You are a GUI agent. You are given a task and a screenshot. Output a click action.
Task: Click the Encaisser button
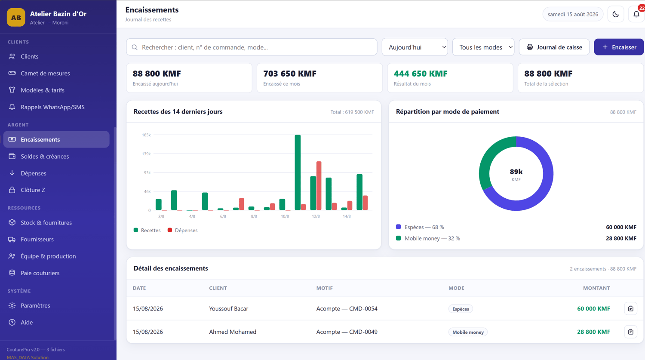(619, 47)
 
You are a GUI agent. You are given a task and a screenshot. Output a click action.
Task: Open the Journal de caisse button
(554, 47)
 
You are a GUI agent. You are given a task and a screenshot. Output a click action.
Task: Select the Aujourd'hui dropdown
(415, 47)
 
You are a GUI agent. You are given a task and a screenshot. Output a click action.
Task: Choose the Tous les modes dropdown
(483, 47)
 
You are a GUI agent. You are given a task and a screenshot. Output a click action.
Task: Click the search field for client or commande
(252, 47)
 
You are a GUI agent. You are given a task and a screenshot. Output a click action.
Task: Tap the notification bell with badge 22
(636, 14)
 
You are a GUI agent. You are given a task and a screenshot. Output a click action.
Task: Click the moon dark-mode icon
(616, 14)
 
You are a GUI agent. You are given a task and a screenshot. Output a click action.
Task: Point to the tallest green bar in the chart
(298, 172)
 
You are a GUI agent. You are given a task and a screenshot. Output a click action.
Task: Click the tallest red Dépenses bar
(319, 186)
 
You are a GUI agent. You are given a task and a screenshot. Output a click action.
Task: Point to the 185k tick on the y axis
(146, 135)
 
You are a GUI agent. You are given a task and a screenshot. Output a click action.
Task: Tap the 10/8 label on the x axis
(285, 216)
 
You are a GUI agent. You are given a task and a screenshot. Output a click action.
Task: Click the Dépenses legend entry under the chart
(183, 231)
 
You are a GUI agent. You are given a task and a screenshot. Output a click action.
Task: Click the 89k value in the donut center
(516, 172)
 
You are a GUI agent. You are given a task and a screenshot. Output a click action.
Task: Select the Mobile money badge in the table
(468, 332)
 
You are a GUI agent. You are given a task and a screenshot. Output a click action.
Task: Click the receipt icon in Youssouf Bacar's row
(631, 309)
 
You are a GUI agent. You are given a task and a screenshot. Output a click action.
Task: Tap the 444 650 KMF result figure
(421, 74)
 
